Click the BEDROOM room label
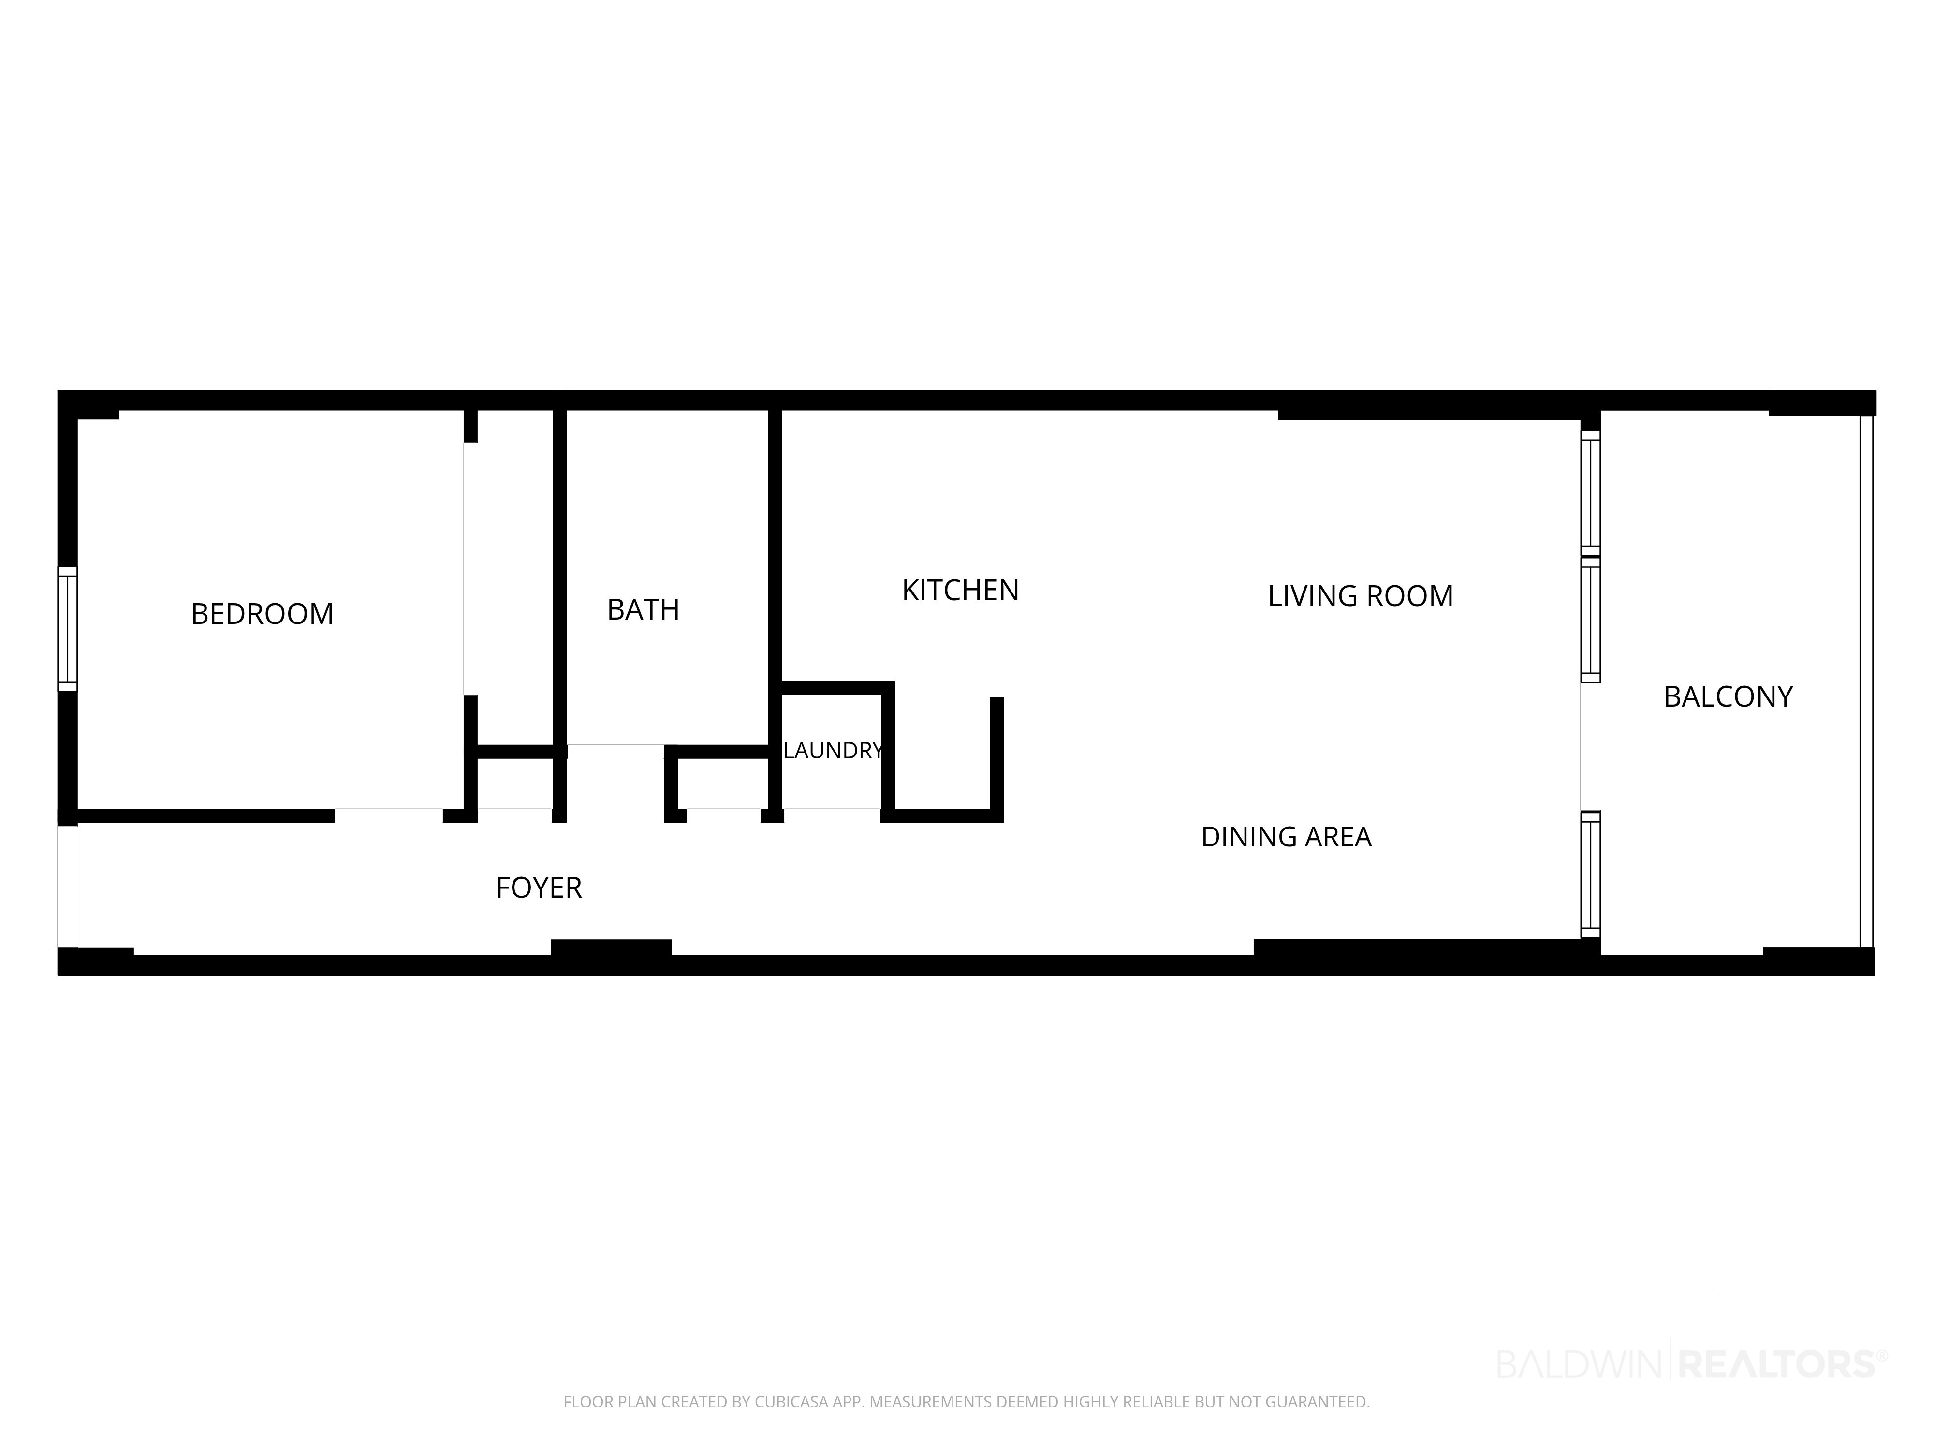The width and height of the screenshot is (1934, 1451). pos(262,614)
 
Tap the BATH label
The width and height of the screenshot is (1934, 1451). pos(644,609)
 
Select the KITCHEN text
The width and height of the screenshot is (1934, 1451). pos(960,591)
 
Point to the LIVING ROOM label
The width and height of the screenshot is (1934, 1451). pos(1361,595)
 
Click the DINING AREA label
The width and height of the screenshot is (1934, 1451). pos(1286,837)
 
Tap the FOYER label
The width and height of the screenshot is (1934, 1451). pos(539,888)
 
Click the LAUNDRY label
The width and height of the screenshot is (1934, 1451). pos(833,751)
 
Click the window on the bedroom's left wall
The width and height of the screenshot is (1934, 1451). pos(67,629)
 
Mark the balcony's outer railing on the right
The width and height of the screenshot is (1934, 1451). pos(1867,681)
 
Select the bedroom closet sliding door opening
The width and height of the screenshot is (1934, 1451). pos(470,568)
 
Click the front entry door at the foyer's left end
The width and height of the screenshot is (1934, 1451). pos(67,886)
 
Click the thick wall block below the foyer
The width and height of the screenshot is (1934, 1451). pos(611,948)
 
